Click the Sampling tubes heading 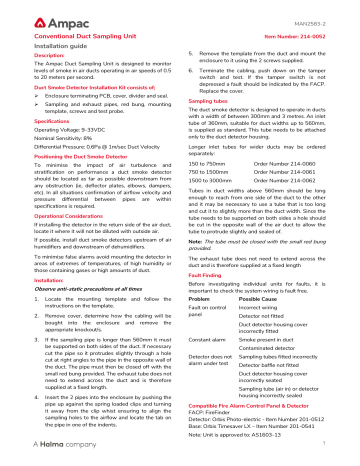point(213,101)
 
